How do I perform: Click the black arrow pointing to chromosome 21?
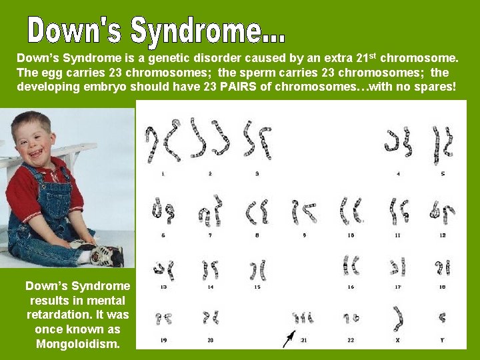289,338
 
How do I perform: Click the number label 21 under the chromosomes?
304,340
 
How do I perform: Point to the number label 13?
163,287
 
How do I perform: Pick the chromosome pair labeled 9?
303,212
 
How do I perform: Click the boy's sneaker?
107,255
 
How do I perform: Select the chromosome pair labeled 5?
442,144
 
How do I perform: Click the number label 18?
442,287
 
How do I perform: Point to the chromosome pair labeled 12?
442,212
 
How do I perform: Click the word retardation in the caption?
58,314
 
